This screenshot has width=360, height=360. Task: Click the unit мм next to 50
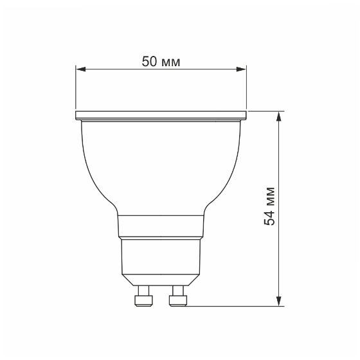[171, 62]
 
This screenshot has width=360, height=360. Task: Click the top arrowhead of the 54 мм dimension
[278, 116]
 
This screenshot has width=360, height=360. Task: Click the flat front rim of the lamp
[161, 116]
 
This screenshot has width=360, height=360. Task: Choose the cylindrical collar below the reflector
[161, 226]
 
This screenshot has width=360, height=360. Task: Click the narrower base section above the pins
[161, 257]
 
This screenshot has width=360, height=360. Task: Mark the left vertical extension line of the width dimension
[76, 90]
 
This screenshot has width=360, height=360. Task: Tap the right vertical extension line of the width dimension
[246, 90]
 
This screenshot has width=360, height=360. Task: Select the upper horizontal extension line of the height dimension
[264, 111]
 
